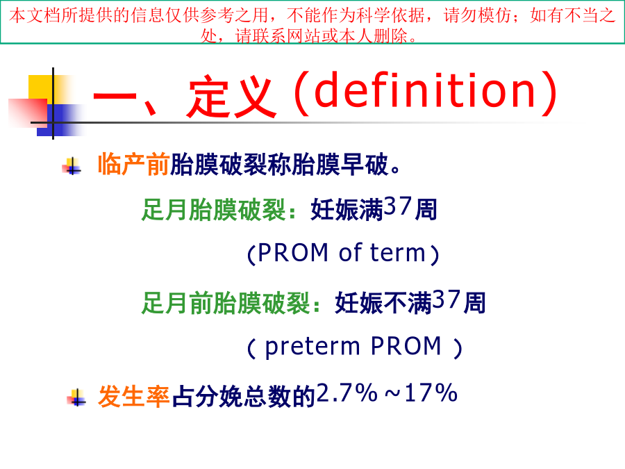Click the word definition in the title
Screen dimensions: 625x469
click(425, 90)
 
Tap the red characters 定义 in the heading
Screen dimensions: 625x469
click(231, 97)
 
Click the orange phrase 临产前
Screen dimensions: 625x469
click(134, 164)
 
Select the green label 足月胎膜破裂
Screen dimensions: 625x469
click(213, 210)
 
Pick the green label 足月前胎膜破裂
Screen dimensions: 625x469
click(226, 303)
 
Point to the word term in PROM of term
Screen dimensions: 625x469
click(398, 253)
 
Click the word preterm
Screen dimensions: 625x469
click(312, 346)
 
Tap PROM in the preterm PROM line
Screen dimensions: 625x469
click(406, 345)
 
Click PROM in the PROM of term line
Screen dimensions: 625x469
click(293, 253)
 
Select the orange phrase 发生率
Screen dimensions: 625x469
click(134, 397)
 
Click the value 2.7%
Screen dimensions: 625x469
click(347, 393)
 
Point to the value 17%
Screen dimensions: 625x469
click(431, 393)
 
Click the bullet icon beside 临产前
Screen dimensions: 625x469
click(72, 166)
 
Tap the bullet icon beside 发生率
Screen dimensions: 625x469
click(76, 397)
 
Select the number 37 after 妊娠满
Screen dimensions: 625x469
click(398, 206)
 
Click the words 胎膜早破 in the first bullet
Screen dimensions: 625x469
click(340, 164)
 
